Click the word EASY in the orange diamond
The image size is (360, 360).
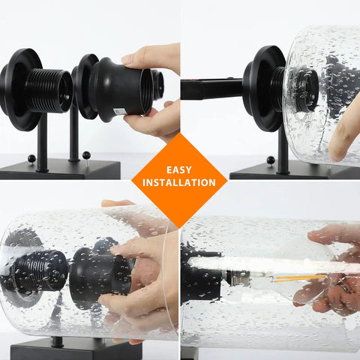tap(179, 170)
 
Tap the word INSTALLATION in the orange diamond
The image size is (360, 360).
tap(179, 183)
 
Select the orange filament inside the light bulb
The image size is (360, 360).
tap(301, 278)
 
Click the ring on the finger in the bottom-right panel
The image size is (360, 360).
tap(344, 288)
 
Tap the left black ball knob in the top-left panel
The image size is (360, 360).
tap(31, 158)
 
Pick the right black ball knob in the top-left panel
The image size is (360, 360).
tap(86, 155)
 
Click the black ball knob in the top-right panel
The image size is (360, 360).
tap(271, 160)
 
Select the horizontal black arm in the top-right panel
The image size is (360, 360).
tap(211, 89)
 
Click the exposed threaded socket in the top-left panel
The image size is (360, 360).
tap(49, 90)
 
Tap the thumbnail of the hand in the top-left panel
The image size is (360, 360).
tap(127, 59)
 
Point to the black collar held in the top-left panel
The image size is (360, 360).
tap(119, 89)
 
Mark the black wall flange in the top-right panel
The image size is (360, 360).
tap(264, 88)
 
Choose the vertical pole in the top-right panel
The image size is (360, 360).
tap(283, 149)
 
